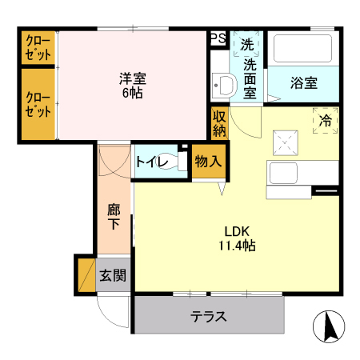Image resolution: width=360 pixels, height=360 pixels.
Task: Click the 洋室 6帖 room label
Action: click(133, 86)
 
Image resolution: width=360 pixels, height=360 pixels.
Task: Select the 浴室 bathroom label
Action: click(303, 83)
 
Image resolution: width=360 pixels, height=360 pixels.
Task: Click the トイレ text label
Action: click(151, 162)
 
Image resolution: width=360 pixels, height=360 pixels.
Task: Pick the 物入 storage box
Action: click(208, 161)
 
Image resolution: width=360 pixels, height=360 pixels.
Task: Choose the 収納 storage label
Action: click(220, 123)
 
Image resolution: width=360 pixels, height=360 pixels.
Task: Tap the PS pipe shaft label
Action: click(217, 38)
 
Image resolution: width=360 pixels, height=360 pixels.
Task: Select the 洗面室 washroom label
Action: click(250, 78)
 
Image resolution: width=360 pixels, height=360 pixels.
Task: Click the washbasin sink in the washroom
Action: click(223, 86)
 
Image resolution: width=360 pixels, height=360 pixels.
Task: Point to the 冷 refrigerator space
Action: click(325, 121)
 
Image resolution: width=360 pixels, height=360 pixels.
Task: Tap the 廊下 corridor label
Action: click(114, 218)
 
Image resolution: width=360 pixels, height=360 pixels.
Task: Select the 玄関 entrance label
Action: click(113, 276)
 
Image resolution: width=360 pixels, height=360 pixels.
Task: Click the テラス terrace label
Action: click(209, 316)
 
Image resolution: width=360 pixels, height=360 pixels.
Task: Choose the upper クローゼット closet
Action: click(38, 48)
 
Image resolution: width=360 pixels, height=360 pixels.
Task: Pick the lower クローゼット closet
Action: click(38, 104)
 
